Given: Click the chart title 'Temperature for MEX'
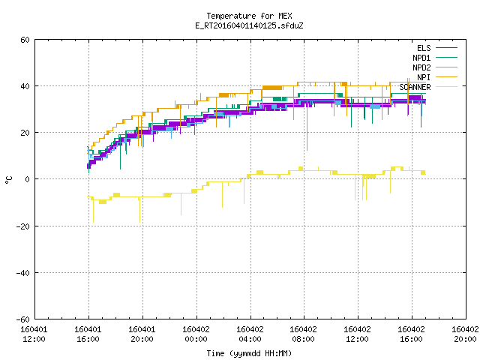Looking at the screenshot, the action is point(249,16).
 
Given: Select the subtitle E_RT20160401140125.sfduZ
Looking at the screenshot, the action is point(249,25).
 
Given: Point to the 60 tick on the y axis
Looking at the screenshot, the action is point(25,40).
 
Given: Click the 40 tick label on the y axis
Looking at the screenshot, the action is point(25,86).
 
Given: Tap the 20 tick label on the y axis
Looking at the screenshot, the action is point(25,133).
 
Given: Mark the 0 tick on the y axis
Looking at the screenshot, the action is point(28,179).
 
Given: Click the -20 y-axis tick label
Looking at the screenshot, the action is point(23,226).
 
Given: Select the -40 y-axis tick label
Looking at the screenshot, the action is point(23,273).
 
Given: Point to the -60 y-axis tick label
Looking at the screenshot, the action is point(23,319).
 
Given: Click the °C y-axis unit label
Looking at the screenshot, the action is point(8,180).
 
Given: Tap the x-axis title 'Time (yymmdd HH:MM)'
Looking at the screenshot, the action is point(249,353).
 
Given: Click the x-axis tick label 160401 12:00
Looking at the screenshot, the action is point(34,334).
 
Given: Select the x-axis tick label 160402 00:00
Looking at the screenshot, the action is point(196,334).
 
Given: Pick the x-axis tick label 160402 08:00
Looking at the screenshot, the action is point(303,334).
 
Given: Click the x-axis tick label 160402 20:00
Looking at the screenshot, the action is point(465,334).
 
